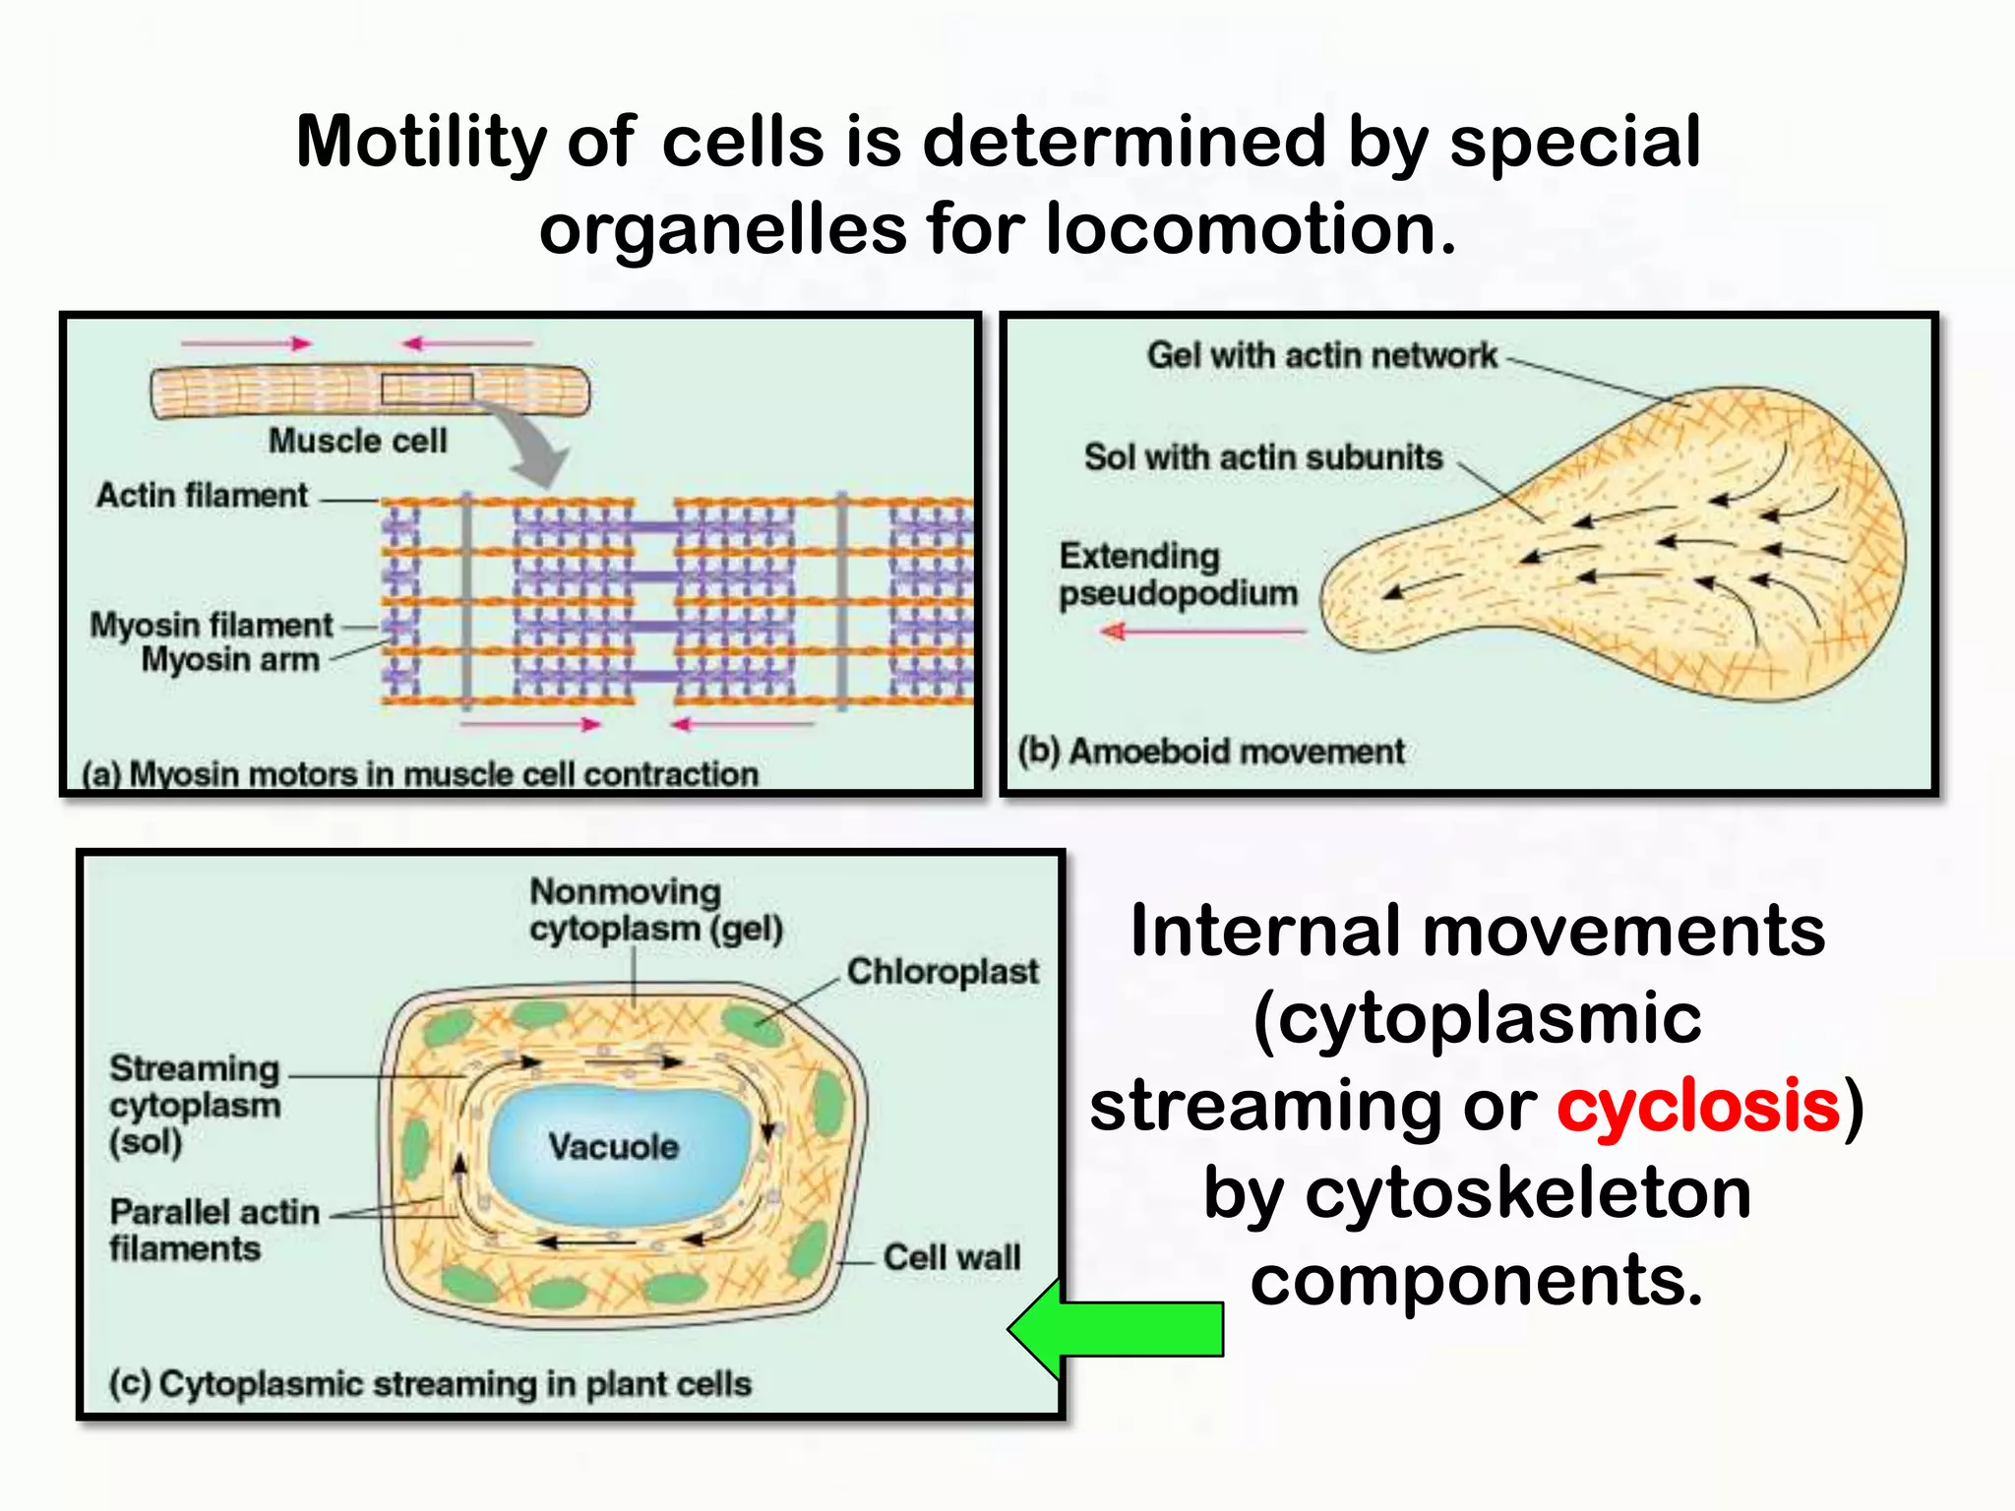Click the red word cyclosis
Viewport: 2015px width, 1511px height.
click(1698, 1106)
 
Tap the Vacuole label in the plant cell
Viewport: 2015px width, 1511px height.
click(613, 1147)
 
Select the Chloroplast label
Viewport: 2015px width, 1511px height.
click(942, 972)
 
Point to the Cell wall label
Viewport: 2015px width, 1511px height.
click(951, 1257)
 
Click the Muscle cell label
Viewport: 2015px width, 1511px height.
click(357, 441)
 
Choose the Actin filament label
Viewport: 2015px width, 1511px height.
click(202, 495)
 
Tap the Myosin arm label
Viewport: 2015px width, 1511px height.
click(230, 659)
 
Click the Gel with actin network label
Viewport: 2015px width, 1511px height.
click(1321, 355)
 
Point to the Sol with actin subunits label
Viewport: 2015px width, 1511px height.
click(1262, 457)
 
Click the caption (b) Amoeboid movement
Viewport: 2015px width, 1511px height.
click(1210, 752)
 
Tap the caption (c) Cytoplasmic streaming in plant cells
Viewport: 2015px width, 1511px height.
click(430, 1384)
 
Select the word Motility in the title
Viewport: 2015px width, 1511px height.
click(420, 142)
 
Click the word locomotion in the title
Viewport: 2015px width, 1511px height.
click(1250, 229)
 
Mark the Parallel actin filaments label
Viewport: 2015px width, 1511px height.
click(214, 1230)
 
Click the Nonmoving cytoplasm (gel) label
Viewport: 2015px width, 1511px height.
click(655, 910)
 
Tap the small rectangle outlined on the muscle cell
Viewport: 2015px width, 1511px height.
click(427, 390)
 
